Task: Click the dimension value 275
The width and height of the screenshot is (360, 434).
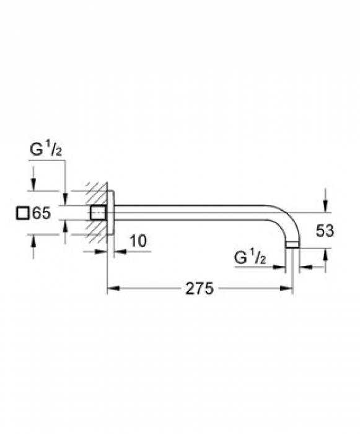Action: tap(199, 288)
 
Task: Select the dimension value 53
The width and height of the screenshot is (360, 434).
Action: tap(325, 231)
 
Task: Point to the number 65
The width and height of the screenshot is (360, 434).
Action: tap(41, 213)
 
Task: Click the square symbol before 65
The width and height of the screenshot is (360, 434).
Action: tap(22, 213)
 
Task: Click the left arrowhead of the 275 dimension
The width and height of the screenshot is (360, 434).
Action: tap(113, 288)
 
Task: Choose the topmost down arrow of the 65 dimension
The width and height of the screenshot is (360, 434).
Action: tap(33, 184)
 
